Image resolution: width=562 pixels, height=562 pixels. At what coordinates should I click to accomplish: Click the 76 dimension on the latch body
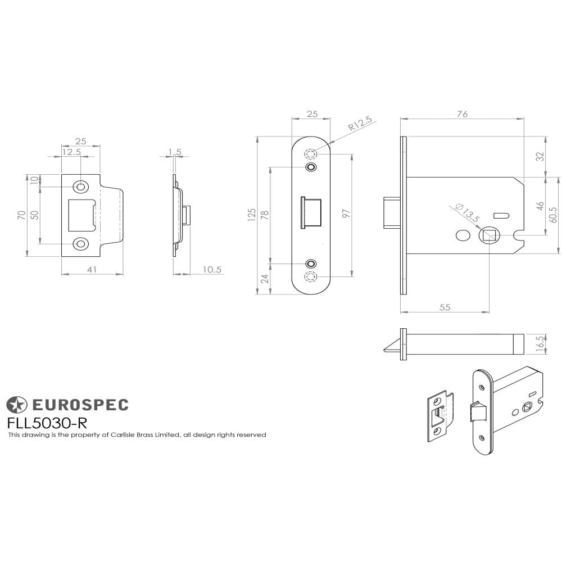point(461,114)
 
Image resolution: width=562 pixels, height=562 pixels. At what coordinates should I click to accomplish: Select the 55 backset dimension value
point(444,307)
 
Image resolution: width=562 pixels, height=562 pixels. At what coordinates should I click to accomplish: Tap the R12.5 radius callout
point(360,124)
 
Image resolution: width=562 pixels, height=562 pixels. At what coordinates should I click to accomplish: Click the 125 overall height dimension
point(251,215)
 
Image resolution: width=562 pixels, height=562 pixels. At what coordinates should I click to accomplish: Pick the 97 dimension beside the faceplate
point(347,214)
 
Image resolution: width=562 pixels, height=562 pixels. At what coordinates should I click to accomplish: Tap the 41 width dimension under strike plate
point(92,270)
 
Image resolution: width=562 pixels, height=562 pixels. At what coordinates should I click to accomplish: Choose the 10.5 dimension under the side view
point(212,270)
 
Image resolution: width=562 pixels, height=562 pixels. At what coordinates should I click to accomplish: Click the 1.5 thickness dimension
point(175,152)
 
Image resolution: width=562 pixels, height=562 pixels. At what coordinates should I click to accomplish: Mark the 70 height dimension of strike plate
point(21,215)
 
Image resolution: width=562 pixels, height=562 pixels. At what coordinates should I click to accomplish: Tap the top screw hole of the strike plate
point(81,187)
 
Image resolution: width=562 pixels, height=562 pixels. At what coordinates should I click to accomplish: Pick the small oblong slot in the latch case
point(500,215)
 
